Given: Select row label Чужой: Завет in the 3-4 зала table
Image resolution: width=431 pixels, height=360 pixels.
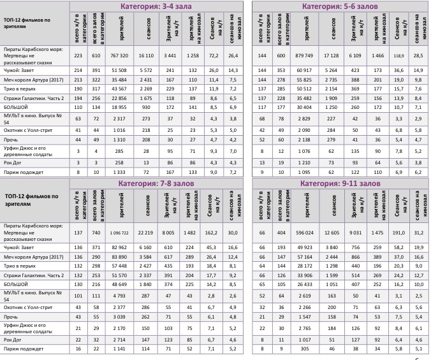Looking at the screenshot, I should [x=20, y=69].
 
